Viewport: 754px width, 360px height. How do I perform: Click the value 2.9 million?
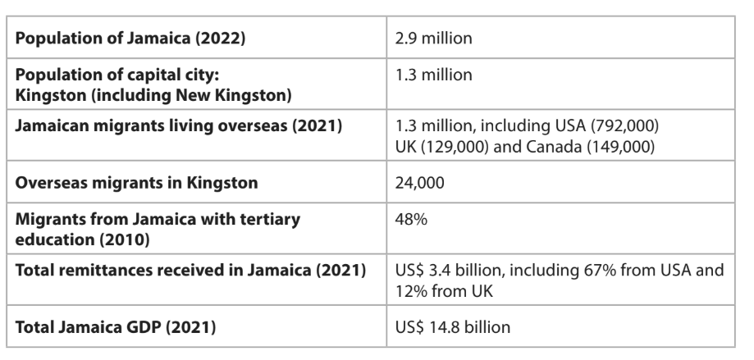pyautogui.click(x=434, y=39)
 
